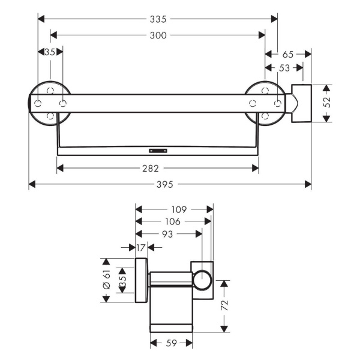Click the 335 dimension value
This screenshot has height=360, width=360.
click(158, 19)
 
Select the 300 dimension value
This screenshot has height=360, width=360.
click(158, 35)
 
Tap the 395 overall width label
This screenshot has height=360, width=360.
click(164, 184)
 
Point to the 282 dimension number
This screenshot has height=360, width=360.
click(151, 169)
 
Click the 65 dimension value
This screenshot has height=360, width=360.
click(288, 55)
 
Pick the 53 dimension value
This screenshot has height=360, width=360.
click(284, 68)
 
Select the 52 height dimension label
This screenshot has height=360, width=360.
click(326, 102)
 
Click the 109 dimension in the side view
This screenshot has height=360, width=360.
click(179, 209)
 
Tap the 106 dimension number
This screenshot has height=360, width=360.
click(173, 221)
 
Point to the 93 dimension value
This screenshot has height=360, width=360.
click(167, 234)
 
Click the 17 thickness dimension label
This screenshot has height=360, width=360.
click(141, 248)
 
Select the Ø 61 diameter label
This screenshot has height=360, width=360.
click(107, 279)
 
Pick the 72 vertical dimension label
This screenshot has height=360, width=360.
click(224, 305)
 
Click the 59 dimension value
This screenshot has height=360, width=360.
click(171, 343)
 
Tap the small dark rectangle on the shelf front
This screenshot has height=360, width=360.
click(158, 151)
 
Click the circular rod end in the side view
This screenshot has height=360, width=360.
click(202, 280)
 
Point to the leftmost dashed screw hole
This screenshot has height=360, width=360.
click(38, 103)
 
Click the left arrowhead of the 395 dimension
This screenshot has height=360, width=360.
click(32, 184)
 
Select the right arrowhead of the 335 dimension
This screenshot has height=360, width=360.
click(274, 19)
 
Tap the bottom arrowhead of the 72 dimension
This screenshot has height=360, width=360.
click(224, 329)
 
